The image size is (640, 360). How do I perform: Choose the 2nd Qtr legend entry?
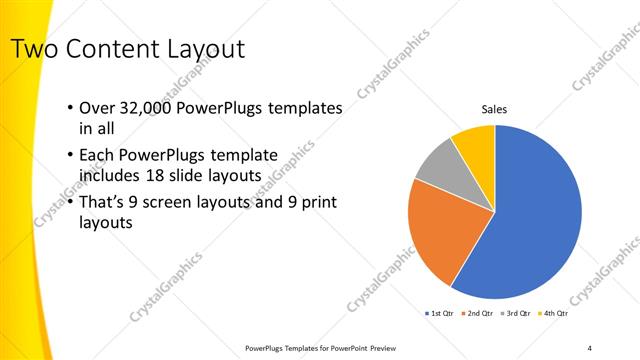point(479,314)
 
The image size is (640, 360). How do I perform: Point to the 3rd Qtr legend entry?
point(518,314)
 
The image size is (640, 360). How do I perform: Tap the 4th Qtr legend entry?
point(556,314)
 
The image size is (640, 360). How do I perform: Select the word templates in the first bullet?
point(301,107)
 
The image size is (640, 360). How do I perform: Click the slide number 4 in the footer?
point(590,348)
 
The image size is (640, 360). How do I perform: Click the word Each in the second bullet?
point(97,155)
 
